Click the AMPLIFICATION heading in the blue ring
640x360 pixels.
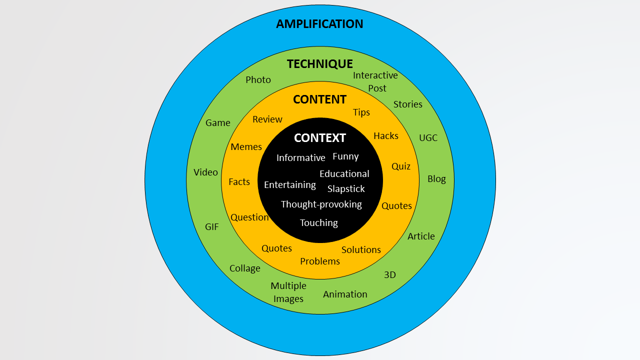[x=319, y=24]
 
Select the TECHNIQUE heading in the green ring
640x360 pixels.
[x=319, y=64]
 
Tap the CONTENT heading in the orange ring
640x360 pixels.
[x=319, y=99]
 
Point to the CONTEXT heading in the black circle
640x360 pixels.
[x=319, y=138]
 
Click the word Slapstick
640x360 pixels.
[x=346, y=189]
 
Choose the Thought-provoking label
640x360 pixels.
[x=321, y=204]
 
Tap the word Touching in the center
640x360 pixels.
[x=319, y=223]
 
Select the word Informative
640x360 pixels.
[x=300, y=158]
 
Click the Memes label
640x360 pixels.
[x=246, y=147]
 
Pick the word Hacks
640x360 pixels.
[x=386, y=136]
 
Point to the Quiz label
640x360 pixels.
[x=400, y=166]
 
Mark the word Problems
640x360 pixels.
[x=320, y=261]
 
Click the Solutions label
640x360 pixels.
[x=361, y=250]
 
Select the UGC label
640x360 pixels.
[x=428, y=138]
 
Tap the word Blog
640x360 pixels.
[x=436, y=179]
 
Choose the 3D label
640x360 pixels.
[x=389, y=275]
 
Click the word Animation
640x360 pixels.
[x=345, y=294]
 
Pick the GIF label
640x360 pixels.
[x=212, y=227]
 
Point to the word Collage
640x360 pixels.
[x=244, y=268]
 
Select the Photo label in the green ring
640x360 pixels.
[x=258, y=80]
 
